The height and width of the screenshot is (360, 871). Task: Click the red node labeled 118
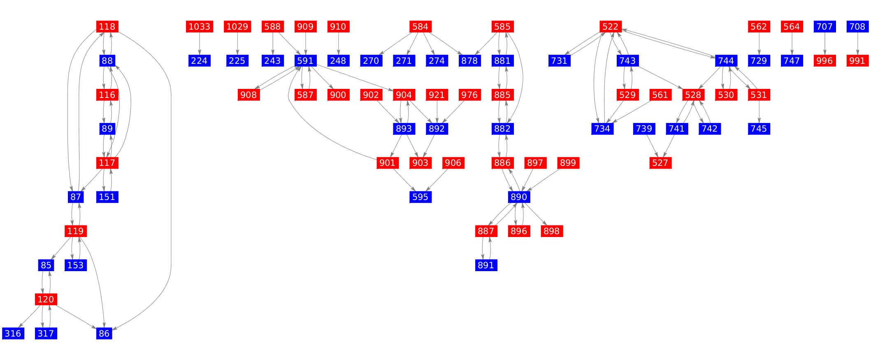pos(107,27)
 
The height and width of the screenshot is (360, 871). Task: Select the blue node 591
pos(305,61)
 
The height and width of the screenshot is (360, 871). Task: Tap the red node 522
pos(610,27)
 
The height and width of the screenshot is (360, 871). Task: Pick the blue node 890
pos(518,197)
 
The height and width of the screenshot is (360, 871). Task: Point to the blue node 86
pos(104,333)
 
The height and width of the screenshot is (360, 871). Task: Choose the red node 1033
pos(199,27)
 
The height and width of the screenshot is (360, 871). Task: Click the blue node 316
pos(13,333)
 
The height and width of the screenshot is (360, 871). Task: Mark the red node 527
pos(660,163)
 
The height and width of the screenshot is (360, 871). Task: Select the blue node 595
pos(420,197)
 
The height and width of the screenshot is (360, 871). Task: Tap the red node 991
pos(857,61)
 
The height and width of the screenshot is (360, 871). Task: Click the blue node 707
pos(825,27)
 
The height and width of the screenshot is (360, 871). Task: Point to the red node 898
pos(551,231)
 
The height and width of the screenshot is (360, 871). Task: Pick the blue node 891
pos(486,265)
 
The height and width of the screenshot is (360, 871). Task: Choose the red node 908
pos(249,95)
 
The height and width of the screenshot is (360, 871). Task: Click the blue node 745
pos(759,129)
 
